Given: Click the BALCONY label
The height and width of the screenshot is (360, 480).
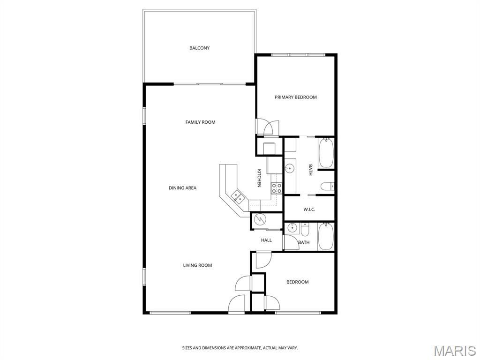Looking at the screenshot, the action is coord(199,48).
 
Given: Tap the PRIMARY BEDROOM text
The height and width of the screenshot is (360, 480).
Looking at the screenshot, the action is coord(295,97).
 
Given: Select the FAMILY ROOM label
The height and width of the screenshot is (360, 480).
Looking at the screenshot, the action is coord(200,122).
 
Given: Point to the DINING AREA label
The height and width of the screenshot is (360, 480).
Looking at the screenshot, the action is coord(182,188).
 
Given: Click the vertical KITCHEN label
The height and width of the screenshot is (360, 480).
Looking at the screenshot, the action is coord(259,178).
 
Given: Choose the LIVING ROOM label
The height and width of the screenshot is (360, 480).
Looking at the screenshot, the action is coord(197,265).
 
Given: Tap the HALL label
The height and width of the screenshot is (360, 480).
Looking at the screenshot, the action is coord(266,240).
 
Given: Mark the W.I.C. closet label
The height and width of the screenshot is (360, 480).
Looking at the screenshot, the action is coord(309,210).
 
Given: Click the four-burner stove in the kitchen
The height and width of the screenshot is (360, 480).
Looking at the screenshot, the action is coord(277,188).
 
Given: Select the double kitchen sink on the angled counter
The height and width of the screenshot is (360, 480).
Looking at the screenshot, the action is coord(238,196).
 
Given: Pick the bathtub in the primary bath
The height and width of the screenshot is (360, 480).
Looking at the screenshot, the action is coord(326,153).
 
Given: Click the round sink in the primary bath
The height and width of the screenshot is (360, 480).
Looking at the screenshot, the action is coord(290,168).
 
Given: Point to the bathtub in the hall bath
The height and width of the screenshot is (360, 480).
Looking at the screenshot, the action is coord(325,236).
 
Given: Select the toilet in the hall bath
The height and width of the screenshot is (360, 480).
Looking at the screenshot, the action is coord(305,230).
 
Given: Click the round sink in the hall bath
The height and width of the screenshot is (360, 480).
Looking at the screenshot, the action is coord(292,227).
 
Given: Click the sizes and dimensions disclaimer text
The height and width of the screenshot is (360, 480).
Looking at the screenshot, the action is coord(240,348).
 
